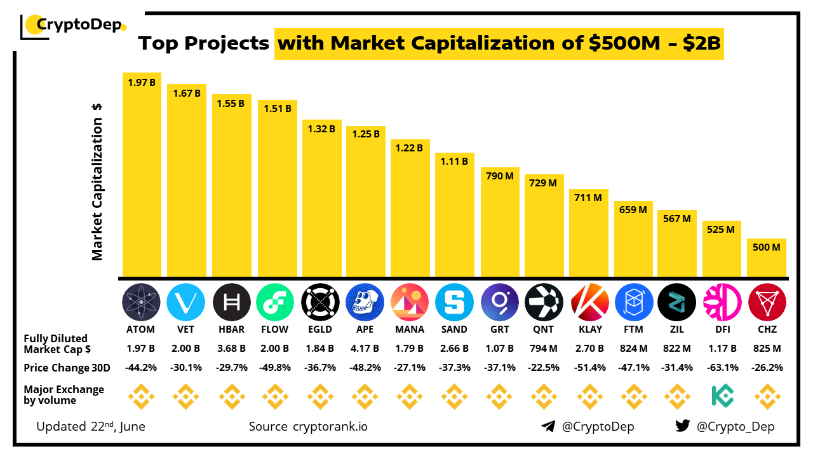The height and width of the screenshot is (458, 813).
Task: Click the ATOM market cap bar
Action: tap(142, 175)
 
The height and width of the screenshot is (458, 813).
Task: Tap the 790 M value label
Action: tap(499, 176)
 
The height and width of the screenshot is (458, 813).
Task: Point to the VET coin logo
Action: tap(186, 302)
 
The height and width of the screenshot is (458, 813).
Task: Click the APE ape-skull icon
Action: tap(365, 302)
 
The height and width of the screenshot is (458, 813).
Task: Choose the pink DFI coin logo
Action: tap(722, 302)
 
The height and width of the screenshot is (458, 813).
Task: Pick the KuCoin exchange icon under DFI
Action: tap(722, 397)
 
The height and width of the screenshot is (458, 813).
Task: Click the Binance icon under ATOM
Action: tap(142, 397)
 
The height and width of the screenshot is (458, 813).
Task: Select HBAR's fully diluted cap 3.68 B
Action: tap(231, 349)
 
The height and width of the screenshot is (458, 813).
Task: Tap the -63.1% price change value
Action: tap(722, 368)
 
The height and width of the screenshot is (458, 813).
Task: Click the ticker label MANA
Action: tap(410, 330)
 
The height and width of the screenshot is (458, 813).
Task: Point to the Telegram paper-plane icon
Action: tap(548, 426)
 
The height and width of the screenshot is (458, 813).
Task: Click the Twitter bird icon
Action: tap(683, 426)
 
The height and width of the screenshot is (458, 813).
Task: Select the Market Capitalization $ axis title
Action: tap(97, 181)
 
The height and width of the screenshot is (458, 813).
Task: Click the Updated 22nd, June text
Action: tap(91, 426)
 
